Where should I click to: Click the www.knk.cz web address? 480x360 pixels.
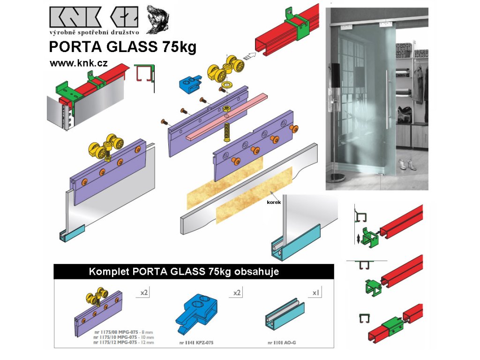tap(78, 63)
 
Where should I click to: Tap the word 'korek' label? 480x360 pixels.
tap(274, 202)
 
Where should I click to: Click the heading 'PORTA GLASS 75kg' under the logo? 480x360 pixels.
tap(123, 48)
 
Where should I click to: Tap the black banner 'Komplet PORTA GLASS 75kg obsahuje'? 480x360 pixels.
tap(194, 271)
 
